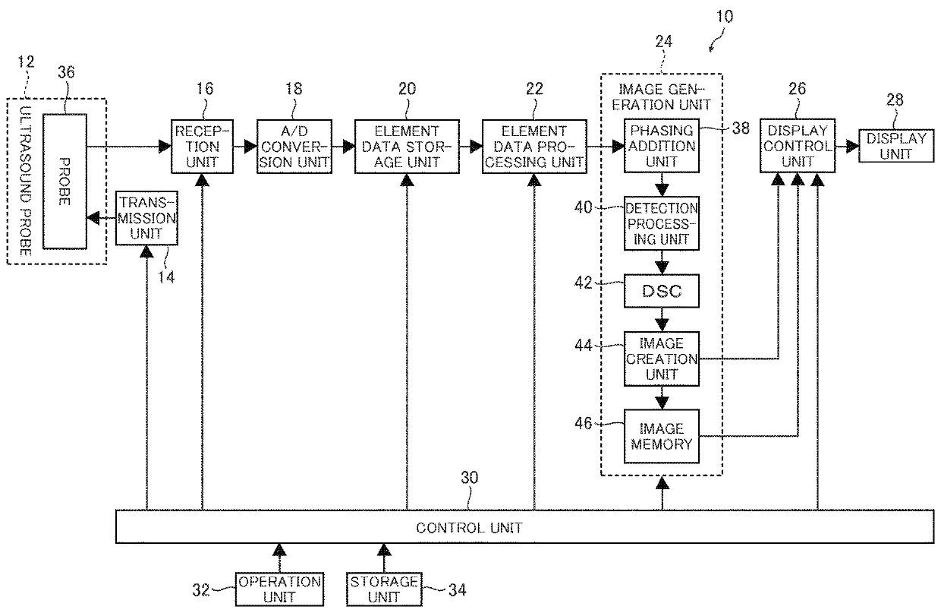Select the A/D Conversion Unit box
(294, 146)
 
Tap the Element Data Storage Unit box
(408, 146)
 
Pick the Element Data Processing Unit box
(534, 146)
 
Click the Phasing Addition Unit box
(660, 146)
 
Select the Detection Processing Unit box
(660, 224)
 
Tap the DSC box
(660, 291)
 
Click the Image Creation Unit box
(660, 359)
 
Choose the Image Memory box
(660, 436)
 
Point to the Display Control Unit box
(797, 146)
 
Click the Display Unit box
(896, 146)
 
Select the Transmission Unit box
(146, 218)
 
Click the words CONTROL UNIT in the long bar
(469, 527)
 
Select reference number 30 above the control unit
(470, 479)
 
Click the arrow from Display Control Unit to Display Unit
(845, 146)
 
